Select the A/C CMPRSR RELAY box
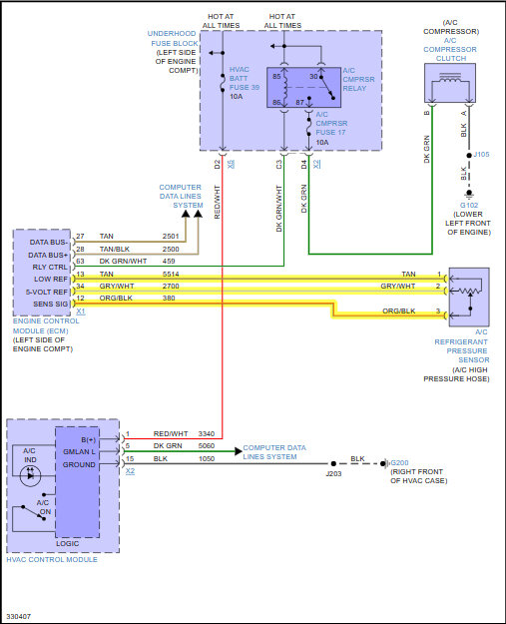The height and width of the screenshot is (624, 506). pos(304,88)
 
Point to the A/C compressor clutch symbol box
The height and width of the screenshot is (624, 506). pos(450,83)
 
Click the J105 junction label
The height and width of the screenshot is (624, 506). pos(481,155)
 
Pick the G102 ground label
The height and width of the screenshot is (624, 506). pos(469,205)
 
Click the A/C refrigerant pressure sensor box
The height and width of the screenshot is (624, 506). pos(469,298)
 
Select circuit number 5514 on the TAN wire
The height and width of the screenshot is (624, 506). pos(171,275)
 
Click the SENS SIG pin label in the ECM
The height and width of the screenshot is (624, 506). pos(51,305)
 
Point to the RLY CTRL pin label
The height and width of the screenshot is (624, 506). pos(50,267)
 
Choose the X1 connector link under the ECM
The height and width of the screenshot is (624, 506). pos(81,312)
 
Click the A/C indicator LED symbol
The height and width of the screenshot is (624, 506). pos(30,475)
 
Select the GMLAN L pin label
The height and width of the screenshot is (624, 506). pos(79,451)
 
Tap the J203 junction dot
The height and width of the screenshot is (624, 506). pos(333,463)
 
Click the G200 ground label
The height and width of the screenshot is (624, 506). pos(399,463)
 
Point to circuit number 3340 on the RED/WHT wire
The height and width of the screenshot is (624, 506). pos(207,433)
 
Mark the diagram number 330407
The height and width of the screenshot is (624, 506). pos(19,616)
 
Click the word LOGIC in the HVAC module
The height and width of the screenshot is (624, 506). pos(67,543)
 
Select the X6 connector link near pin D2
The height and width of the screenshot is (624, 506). pos(232,164)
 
